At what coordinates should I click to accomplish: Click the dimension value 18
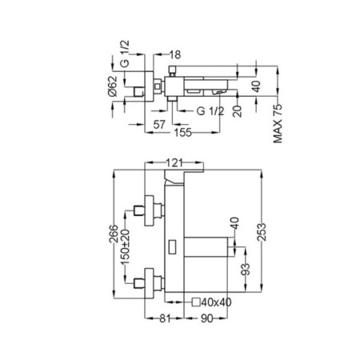[175, 54]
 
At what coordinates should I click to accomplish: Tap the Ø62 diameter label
[113, 86]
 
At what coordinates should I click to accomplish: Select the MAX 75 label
[278, 124]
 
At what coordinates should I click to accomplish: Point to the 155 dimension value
[183, 132]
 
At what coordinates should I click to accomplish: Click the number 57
[159, 124]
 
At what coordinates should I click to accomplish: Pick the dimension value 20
[237, 111]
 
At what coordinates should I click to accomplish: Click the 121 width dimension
[174, 162]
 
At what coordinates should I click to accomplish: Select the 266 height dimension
[114, 234]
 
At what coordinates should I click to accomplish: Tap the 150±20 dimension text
[125, 246]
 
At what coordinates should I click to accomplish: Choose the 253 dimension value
[262, 232]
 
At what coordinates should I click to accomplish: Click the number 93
[245, 270]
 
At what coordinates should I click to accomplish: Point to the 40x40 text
[216, 302]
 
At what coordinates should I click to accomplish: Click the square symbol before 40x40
[196, 302]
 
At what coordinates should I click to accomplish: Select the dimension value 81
[165, 318]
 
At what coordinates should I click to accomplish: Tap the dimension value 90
[206, 318]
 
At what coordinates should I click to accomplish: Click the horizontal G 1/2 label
[210, 111]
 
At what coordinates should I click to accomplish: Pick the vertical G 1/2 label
[125, 54]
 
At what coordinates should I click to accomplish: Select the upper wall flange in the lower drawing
[149, 210]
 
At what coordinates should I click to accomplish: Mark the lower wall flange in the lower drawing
[149, 283]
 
